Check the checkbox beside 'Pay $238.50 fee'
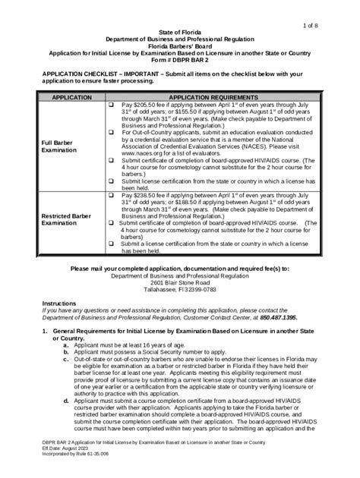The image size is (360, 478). pos(112,194)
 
